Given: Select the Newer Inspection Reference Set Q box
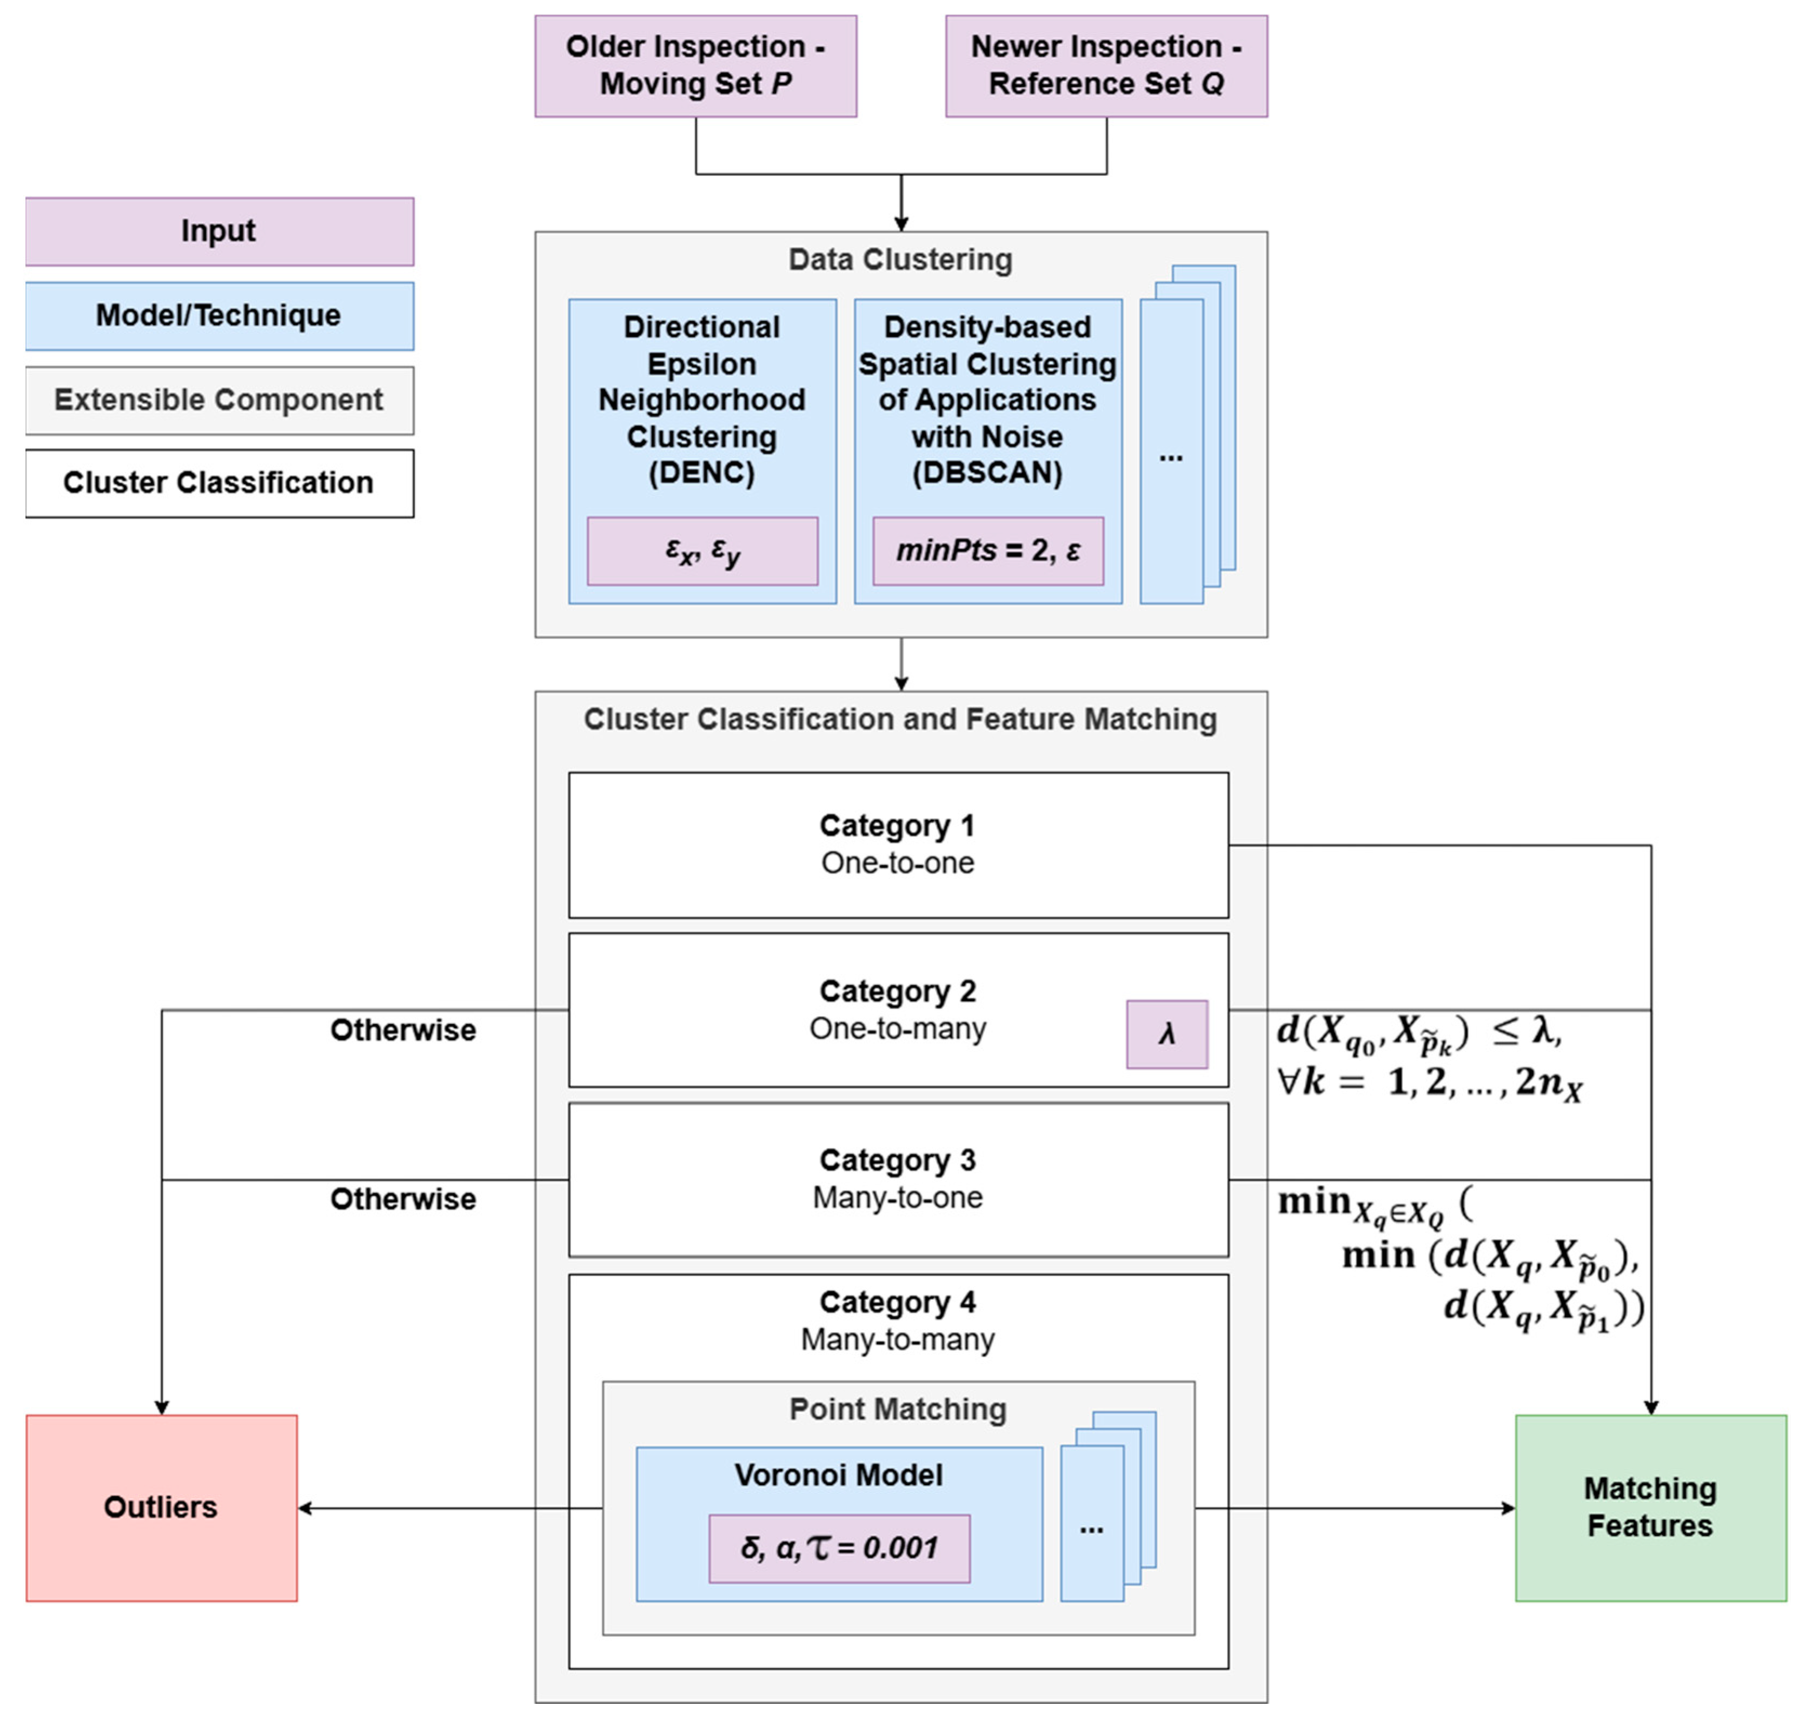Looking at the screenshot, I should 1106,66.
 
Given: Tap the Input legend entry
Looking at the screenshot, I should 219,231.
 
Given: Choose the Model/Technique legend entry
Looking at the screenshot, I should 219,315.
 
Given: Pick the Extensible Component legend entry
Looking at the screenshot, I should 219,400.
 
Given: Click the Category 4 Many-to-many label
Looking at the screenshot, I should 898,1320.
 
